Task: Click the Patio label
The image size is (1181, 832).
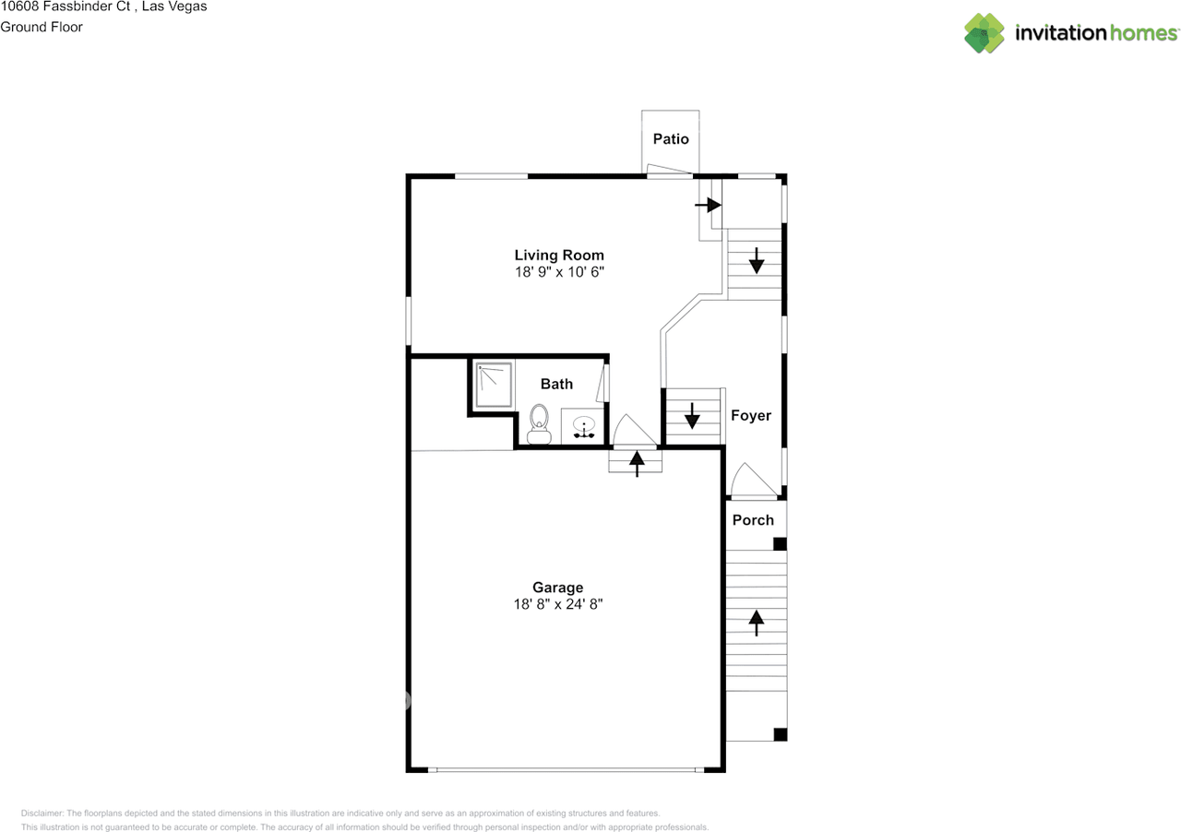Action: (x=671, y=138)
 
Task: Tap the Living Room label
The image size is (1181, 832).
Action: (x=559, y=256)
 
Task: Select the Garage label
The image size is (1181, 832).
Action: (x=558, y=588)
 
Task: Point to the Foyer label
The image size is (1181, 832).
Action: (x=751, y=415)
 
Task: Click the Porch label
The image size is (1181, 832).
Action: (x=753, y=520)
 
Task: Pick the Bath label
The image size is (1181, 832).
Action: (x=556, y=384)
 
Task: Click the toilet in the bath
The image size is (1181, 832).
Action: (x=539, y=424)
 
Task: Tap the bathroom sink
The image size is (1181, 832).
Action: (x=584, y=426)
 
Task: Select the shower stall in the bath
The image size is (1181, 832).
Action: (x=494, y=385)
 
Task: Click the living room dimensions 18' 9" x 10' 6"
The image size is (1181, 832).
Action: (x=559, y=272)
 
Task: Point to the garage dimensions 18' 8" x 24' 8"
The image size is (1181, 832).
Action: (x=558, y=604)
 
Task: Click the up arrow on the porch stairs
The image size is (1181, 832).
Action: (x=756, y=623)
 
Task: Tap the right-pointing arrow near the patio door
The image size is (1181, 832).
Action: (x=708, y=205)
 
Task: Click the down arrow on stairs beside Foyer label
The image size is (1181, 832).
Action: (x=692, y=416)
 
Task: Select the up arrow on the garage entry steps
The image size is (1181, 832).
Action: (x=637, y=464)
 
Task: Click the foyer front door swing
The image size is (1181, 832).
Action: (x=754, y=480)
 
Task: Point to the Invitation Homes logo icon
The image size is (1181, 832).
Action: (x=984, y=33)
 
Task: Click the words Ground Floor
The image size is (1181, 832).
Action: (x=42, y=27)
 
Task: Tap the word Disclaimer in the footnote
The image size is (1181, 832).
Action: (x=42, y=813)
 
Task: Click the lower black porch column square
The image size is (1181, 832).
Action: (x=781, y=734)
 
